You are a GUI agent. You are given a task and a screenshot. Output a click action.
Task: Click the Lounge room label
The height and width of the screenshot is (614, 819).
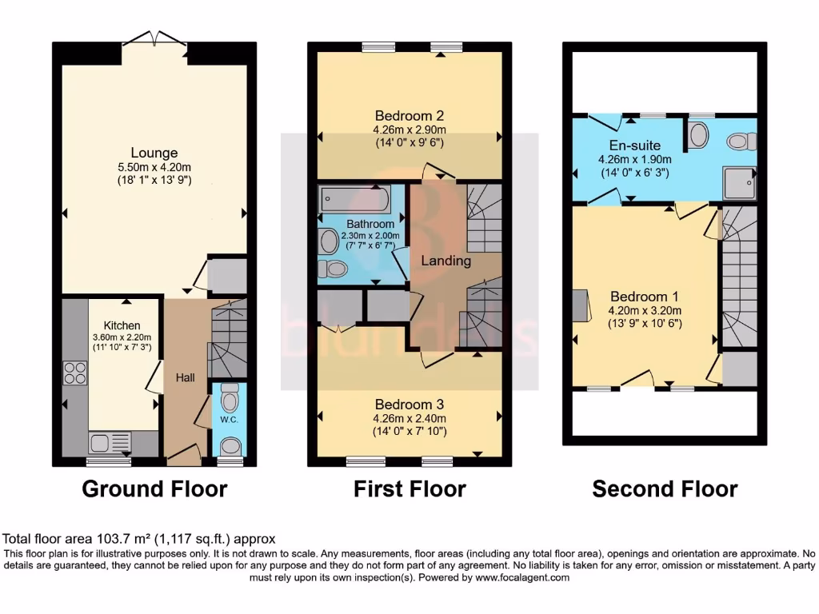click(x=154, y=153)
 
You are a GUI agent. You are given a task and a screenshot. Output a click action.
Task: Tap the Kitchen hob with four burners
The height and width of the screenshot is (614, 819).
click(x=75, y=373)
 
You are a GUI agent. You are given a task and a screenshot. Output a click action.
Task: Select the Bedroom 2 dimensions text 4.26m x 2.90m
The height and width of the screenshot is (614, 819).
click(x=409, y=130)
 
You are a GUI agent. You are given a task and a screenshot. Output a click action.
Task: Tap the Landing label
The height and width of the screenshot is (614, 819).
click(x=445, y=261)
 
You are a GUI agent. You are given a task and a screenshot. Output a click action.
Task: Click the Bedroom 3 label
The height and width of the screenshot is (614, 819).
click(x=409, y=404)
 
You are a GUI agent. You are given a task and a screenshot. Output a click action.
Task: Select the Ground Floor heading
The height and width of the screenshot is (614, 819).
click(x=154, y=488)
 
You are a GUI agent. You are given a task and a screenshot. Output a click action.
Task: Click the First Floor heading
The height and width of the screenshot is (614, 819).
click(x=409, y=488)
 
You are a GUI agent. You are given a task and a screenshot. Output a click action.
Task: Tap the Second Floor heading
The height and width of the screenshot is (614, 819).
click(x=665, y=488)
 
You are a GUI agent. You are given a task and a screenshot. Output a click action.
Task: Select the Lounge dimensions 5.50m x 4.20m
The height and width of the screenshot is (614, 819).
click(x=154, y=167)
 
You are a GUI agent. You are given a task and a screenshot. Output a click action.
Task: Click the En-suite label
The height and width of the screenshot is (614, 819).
click(x=624, y=146)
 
